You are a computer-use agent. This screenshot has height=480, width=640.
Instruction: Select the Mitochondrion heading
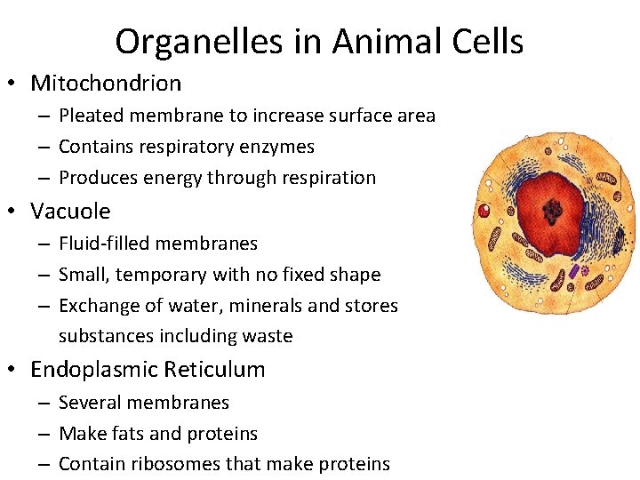[x=106, y=84]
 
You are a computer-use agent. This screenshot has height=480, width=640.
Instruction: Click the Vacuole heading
[x=70, y=212]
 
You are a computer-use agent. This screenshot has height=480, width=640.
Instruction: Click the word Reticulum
[x=222, y=370]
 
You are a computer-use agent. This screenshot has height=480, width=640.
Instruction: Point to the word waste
[x=270, y=336]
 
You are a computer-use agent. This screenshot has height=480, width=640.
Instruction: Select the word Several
[x=89, y=403]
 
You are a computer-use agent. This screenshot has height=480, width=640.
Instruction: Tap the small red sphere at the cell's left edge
[x=484, y=212]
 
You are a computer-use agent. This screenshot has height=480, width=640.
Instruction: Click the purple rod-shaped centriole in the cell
[x=574, y=270]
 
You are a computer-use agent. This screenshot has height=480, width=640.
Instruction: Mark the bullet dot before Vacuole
[x=16, y=212]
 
